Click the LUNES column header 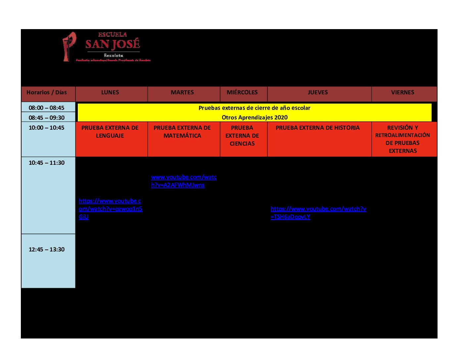click(x=110, y=93)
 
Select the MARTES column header click(x=182, y=93)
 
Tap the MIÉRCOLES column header click(x=242, y=93)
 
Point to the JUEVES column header click(x=318, y=93)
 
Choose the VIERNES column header click(x=403, y=93)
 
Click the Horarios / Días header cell click(x=47, y=93)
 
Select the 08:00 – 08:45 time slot click(x=47, y=108)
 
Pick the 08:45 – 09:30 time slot click(x=47, y=118)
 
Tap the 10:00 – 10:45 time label click(x=47, y=128)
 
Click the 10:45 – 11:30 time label click(x=47, y=163)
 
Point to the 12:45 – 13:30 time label click(x=47, y=249)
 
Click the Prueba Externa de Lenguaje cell click(x=110, y=132)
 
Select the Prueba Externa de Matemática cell click(x=182, y=132)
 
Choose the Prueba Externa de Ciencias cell click(x=242, y=136)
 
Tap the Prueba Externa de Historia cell click(x=318, y=128)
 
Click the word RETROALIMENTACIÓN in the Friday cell click(x=403, y=135)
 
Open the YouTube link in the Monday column click(x=110, y=209)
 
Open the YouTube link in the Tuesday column click(x=184, y=181)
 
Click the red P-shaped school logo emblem click(x=69, y=46)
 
